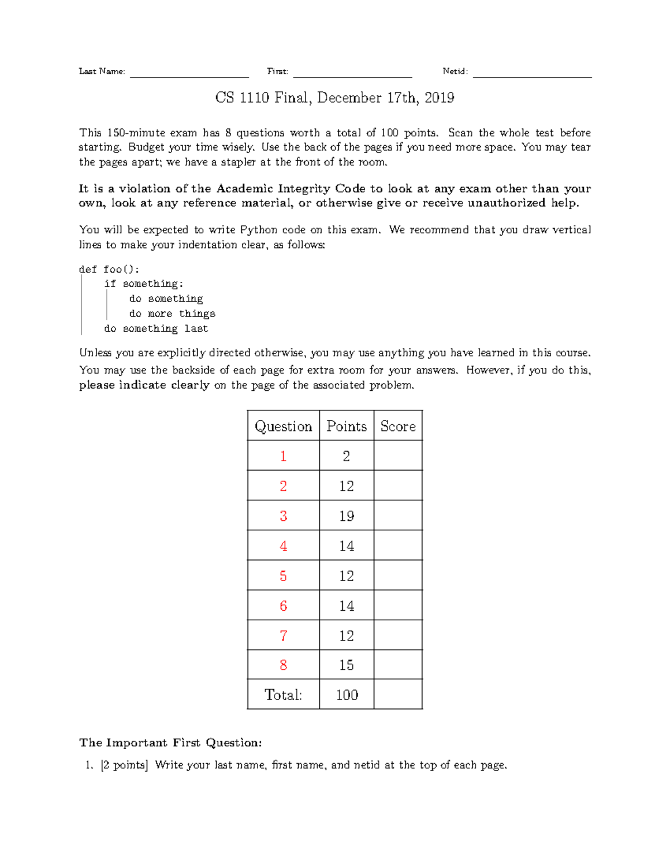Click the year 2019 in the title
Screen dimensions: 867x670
439,98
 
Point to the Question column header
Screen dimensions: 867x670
283,427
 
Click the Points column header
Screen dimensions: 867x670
347,427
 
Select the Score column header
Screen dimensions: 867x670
398,427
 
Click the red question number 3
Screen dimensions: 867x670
283,516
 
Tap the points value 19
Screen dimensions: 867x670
347,516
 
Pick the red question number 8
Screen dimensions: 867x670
283,665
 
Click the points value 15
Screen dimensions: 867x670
347,665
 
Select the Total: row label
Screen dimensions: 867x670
283,695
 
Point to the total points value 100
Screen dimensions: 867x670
347,695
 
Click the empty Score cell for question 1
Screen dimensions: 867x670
398,456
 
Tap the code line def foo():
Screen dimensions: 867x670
109,270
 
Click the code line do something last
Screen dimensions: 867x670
156,329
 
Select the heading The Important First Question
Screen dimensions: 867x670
170,743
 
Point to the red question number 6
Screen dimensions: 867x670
283,606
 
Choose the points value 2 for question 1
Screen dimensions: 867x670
347,456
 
